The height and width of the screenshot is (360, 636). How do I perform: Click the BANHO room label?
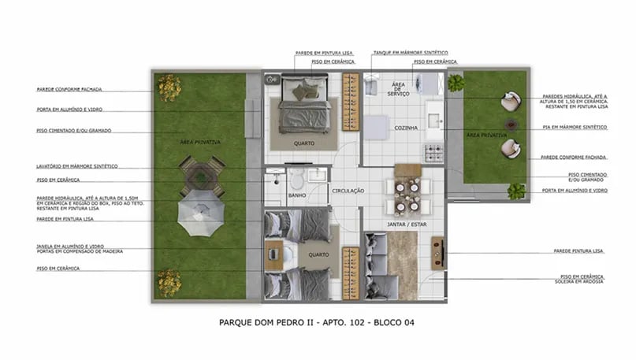[296, 195]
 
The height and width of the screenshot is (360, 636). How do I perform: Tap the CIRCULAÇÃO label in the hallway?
[347, 190]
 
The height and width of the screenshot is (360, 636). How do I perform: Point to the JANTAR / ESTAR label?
[407, 225]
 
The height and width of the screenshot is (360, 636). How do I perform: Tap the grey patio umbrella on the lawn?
[200, 213]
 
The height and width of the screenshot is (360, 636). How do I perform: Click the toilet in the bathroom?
[297, 178]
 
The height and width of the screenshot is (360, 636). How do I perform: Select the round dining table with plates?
[407, 195]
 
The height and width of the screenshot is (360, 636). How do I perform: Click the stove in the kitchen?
[433, 153]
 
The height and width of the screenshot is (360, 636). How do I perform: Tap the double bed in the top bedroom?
[303, 103]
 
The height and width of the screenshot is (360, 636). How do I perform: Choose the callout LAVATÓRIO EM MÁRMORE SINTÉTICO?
[77, 166]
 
